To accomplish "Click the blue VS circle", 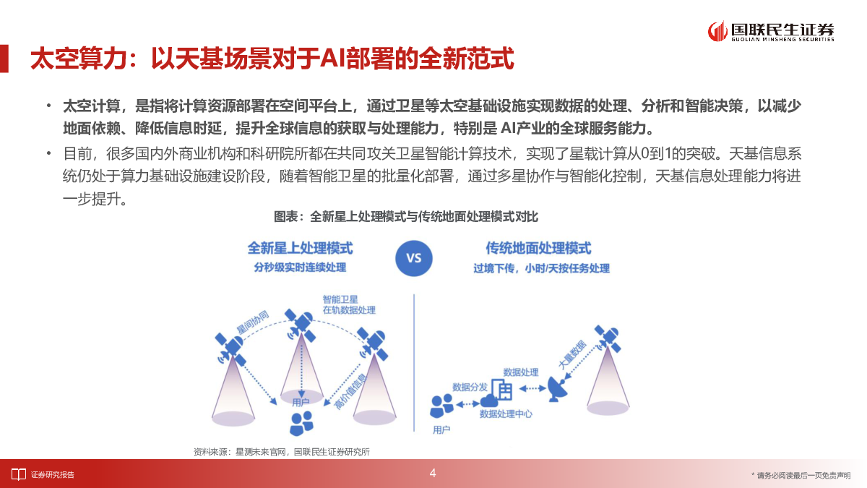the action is pyautogui.click(x=413, y=258).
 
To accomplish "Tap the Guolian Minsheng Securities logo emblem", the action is pyautogui.click(x=717, y=31).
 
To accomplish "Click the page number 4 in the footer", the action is pyautogui.click(x=433, y=473).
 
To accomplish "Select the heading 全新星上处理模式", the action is pyautogui.click(x=300, y=248).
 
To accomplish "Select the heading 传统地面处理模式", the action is pyautogui.click(x=538, y=248).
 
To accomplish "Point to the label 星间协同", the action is pyautogui.click(x=252, y=322).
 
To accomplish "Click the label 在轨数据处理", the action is pyautogui.click(x=349, y=310).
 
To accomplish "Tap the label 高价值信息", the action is pyautogui.click(x=350, y=392).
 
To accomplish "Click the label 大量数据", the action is pyautogui.click(x=572, y=354).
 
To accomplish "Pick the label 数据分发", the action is pyautogui.click(x=470, y=387).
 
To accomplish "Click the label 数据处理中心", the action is pyautogui.click(x=506, y=414).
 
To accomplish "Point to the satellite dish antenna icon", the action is pyautogui.click(x=557, y=389).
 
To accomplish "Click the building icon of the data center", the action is pyautogui.click(x=502, y=389).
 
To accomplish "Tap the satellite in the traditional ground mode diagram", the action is pyautogui.click(x=608, y=338).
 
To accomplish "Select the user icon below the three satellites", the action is pyautogui.click(x=301, y=424).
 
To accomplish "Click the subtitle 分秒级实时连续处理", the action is pyautogui.click(x=300, y=267).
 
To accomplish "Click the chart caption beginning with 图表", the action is pyautogui.click(x=405, y=216).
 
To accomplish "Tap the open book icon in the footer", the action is pyautogui.click(x=18, y=474).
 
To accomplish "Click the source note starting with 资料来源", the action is pyautogui.click(x=281, y=452).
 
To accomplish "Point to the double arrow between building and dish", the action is pyautogui.click(x=532, y=388).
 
